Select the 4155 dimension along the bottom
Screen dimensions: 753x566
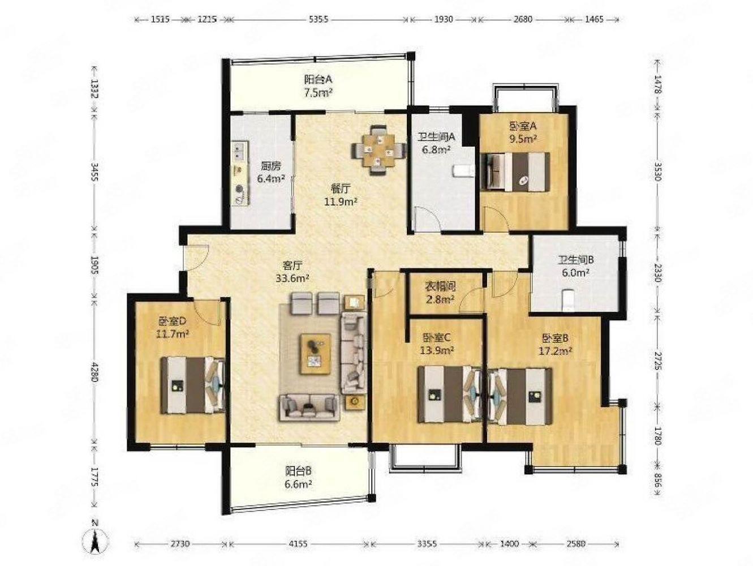pos(297,544)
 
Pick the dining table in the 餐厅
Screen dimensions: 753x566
pos(376,151)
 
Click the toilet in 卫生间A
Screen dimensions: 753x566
pos(463,170)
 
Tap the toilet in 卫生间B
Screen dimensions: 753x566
pos(569,300)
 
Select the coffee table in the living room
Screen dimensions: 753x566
pos(316,354)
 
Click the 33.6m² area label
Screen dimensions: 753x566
pos(292,278)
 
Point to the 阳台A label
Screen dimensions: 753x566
pos(318,80)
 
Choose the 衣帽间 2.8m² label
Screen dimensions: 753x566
pos(440,293)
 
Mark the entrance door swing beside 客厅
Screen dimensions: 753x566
pos(196,258)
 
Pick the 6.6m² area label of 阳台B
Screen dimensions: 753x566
pos(298,484)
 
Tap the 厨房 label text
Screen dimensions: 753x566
pos(270,166)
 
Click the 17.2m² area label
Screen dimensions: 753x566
pos(555,351)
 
